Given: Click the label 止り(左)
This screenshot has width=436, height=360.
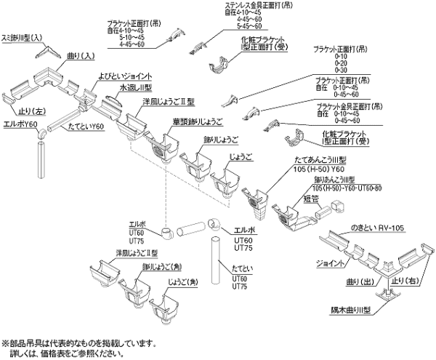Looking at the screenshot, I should [23, 111].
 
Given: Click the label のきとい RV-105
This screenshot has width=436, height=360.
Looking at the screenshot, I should [374, 227].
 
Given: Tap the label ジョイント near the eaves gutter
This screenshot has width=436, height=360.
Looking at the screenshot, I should [330, 263].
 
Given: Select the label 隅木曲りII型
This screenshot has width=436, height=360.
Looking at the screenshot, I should [354, 308].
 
